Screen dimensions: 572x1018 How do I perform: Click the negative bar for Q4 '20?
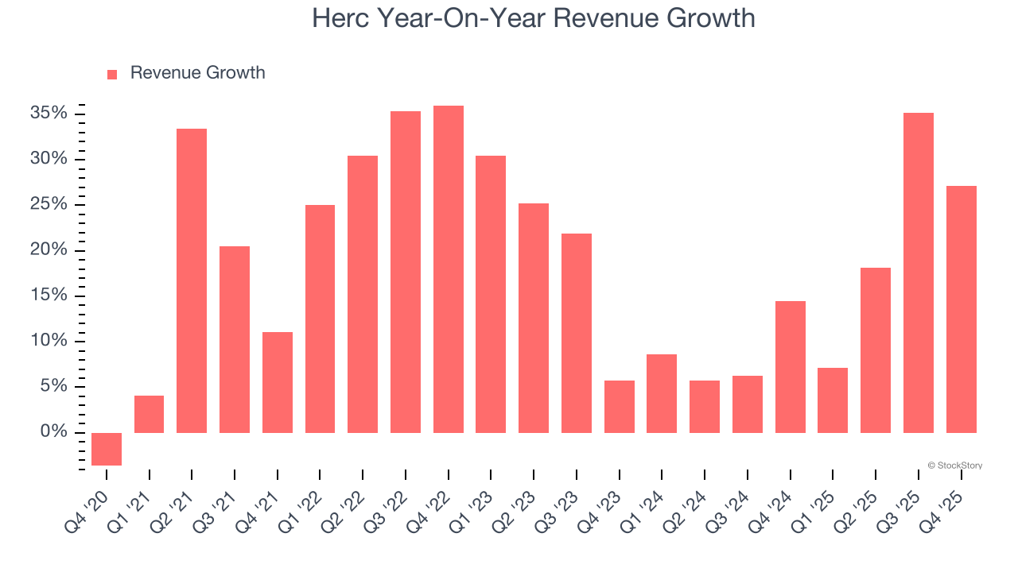click(107, 449)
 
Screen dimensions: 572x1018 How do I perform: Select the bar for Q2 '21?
click(192, 280)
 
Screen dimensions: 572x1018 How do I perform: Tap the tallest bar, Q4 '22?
click(449, 269)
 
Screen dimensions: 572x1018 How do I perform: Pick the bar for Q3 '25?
click(919, 272)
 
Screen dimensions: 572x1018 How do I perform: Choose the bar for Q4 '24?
click(791, 366)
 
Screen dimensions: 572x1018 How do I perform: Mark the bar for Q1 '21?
click(150, 414)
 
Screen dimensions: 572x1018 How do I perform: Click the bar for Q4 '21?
click(278, 382)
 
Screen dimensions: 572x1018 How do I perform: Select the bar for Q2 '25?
click(876, 350)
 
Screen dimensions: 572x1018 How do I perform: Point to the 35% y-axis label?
click(49, 114)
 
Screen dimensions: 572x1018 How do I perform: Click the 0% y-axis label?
click(53, 432)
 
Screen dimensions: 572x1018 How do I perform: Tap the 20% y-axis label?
click(49, 250)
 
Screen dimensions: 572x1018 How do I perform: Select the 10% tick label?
click(49, 341)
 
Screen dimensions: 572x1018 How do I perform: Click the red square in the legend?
click(112, 74)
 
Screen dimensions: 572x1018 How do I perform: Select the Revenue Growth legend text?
click(197, 73)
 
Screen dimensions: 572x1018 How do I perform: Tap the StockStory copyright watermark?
click(954, 466)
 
